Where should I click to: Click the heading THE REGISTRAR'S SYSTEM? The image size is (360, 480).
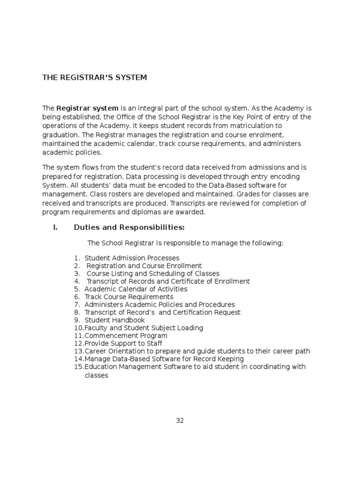tap(95, 77)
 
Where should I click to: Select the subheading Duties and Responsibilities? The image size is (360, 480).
tap(129, 228)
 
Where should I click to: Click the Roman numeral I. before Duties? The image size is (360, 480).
tap(55, 228)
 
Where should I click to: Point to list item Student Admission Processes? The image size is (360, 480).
tap(132, 258)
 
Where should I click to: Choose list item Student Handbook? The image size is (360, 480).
tap(114, 320)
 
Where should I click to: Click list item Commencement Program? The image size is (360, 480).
tap(126, 336)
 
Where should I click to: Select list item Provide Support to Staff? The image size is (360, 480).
tap(123, 344)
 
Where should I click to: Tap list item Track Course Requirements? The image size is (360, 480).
tap(129, 297)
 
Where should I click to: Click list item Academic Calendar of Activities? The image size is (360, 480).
tap(135, 289)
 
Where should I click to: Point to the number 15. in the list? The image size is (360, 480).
tap(78, 367)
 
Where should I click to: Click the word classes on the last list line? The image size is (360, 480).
tap(96, 375)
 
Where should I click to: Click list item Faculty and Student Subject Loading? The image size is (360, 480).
tap(144, 328)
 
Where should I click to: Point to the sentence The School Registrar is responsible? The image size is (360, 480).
tap(185, 243)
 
